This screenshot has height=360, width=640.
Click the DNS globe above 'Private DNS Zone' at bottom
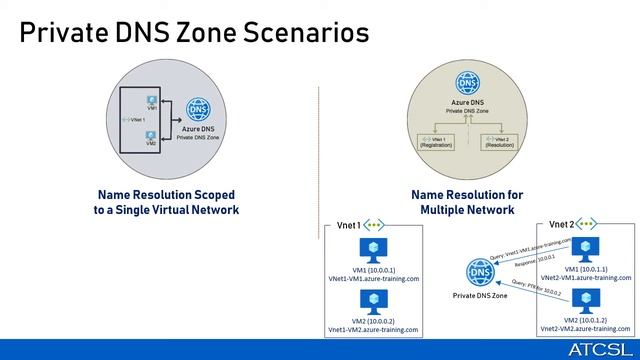(481, 273)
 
